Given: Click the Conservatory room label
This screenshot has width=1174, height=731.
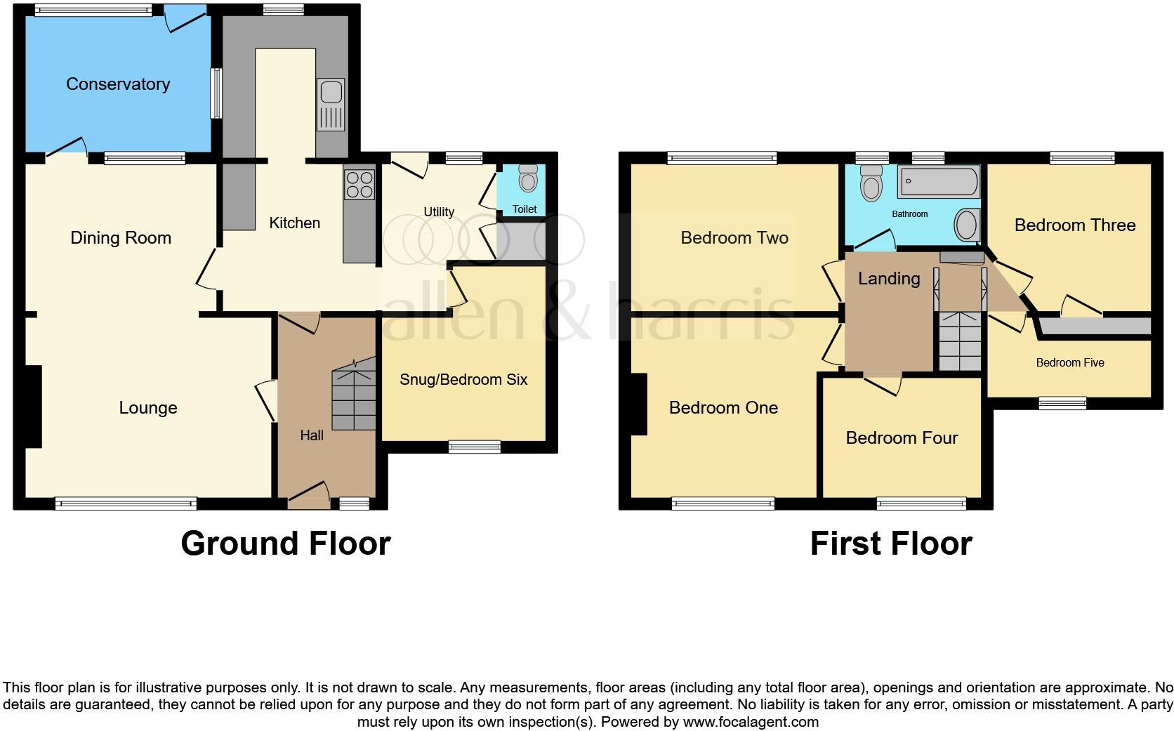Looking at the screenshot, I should [118, 84].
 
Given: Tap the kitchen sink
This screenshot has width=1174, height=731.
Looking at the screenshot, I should [331, 103].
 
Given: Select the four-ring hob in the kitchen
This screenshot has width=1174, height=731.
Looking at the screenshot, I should [359, 185].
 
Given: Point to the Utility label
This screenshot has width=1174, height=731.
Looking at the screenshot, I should [439, 212].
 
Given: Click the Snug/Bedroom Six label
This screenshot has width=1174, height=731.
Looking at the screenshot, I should [463, 380].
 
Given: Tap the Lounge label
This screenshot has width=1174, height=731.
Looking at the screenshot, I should [148, 408].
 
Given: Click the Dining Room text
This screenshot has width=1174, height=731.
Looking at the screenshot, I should [121, 238].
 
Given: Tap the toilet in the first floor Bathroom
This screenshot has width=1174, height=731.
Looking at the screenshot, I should [872, 184].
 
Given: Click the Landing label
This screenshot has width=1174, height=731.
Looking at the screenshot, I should [889, 279].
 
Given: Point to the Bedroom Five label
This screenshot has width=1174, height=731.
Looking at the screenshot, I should [1070, 363].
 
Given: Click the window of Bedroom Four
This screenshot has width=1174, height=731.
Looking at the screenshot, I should [921, 503].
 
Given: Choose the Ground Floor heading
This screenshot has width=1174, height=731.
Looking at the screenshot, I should [285, 544].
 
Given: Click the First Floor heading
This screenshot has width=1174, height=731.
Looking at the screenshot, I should [890, 544].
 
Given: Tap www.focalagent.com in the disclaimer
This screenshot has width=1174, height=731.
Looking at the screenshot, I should [751, 722].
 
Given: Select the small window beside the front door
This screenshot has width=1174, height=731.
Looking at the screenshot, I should [354, 503].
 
